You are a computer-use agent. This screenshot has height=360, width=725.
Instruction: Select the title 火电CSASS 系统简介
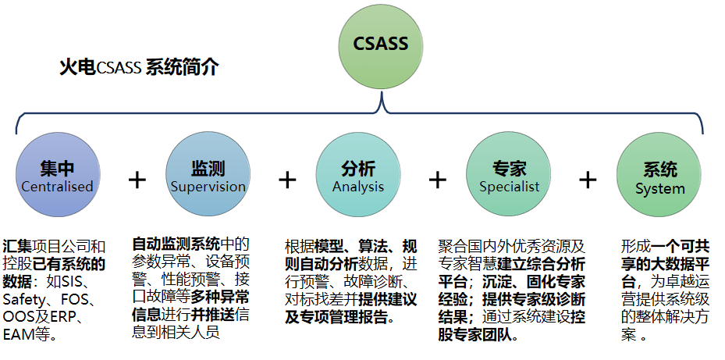(139, 68)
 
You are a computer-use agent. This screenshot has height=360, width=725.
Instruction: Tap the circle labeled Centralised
(57, 176)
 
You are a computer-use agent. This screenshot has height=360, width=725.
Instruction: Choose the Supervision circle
(208, 176)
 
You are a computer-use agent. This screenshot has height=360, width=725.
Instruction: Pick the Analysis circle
(358, 176)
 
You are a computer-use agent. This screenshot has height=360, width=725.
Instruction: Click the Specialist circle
(509, 176)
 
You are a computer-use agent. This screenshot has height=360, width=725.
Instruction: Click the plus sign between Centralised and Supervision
(137, 180)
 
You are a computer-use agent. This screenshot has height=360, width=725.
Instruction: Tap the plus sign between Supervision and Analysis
(288, 180)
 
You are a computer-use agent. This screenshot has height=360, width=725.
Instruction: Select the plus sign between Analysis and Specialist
(438, 180)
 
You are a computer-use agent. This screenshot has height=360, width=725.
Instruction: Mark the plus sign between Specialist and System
(588, 180)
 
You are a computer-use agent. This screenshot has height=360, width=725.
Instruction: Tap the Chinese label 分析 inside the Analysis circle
(358, 168)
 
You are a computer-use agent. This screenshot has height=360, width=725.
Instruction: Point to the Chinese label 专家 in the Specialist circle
(509, 168)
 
